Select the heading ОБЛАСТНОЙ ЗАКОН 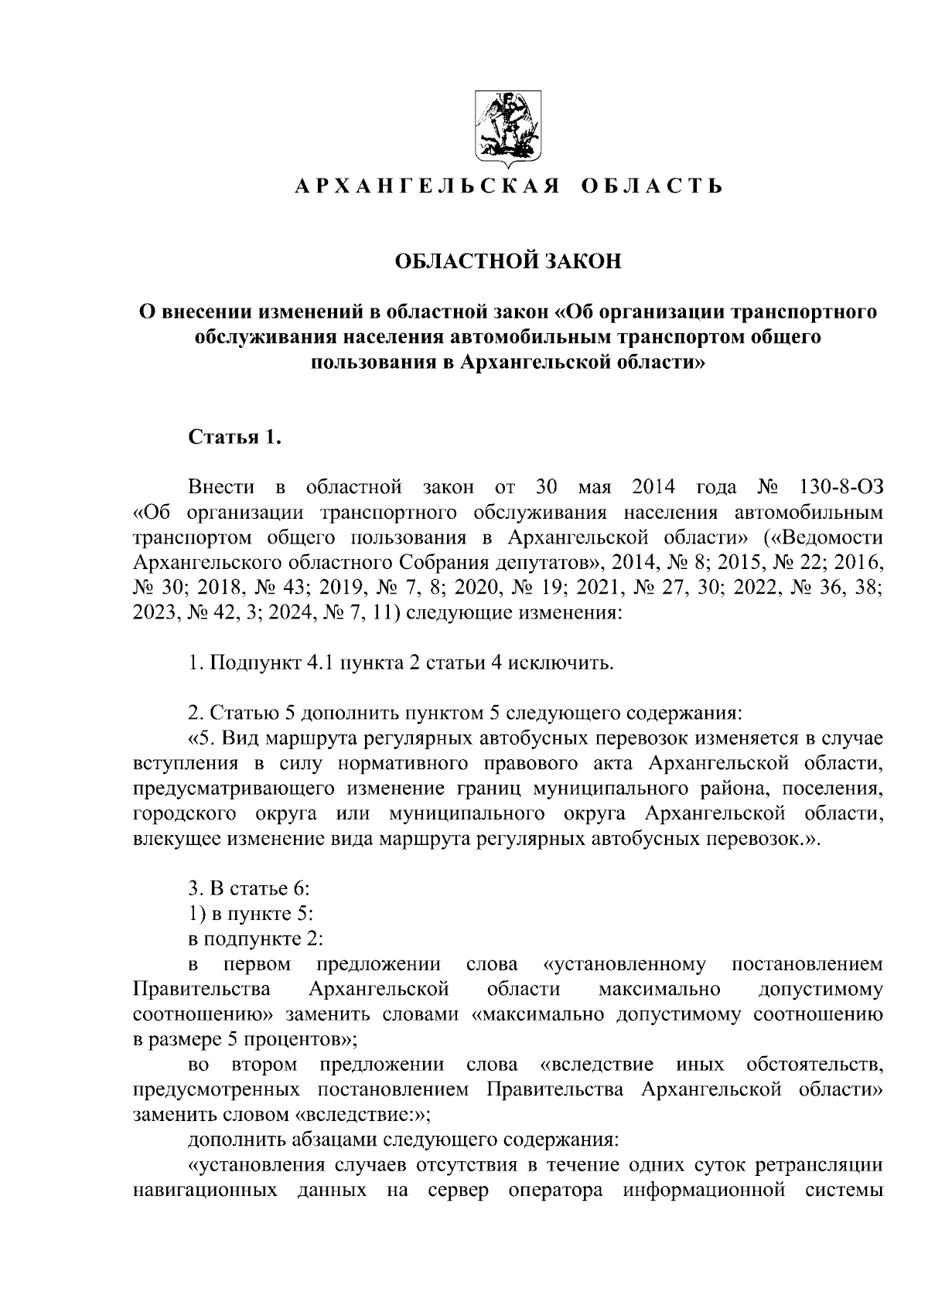508,261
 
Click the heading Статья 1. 234,438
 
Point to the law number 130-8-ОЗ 838,488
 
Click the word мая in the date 594,488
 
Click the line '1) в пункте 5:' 251,914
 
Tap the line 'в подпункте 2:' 256,939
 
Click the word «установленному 624,964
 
